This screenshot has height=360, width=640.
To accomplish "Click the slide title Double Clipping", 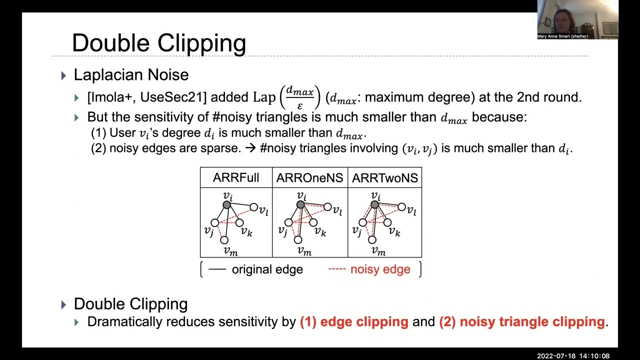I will tap(158, 43).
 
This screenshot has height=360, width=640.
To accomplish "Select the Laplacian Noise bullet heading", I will tap(131, 75).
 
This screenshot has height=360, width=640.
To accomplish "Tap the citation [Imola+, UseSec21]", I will tap(146, 97).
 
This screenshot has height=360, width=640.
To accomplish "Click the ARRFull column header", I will tap(236, 178).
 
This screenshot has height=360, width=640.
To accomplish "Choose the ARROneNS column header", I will tap(309, 178).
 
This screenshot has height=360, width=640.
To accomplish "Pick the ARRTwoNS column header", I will tap(384, 178).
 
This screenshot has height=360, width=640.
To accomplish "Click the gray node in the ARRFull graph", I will tap(227, 204).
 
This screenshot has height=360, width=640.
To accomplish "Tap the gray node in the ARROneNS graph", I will tap(300, 204).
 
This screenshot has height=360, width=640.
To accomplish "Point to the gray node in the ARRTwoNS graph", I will tap(374, 204).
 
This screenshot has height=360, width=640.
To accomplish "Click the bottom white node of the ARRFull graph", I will tap(224, 240).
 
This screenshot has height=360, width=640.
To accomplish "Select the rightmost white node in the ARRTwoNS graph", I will tap(401, 207).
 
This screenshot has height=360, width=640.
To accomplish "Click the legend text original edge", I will tap(267, 269).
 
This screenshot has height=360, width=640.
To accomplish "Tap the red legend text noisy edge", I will tap(380, 269).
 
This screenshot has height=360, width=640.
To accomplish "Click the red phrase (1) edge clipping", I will tap(354, 322).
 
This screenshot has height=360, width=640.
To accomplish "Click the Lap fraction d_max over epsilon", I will tap(299, 97).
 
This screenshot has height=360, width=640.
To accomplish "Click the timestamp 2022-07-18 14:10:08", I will tap(573, 356).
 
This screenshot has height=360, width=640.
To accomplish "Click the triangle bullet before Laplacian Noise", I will tap(63, 75).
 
